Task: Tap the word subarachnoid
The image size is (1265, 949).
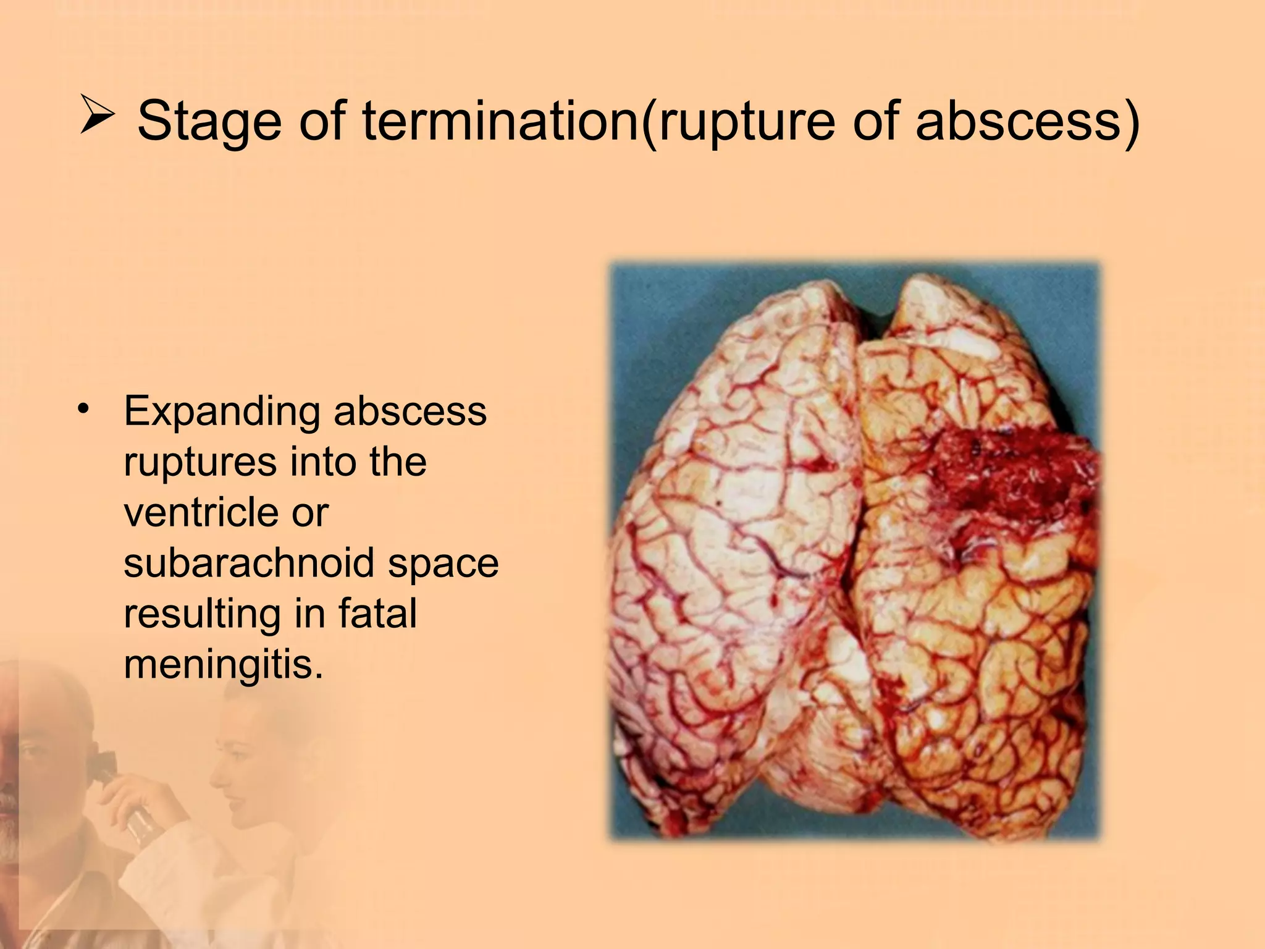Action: point(247,563)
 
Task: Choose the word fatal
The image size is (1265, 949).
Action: point(377,614)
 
